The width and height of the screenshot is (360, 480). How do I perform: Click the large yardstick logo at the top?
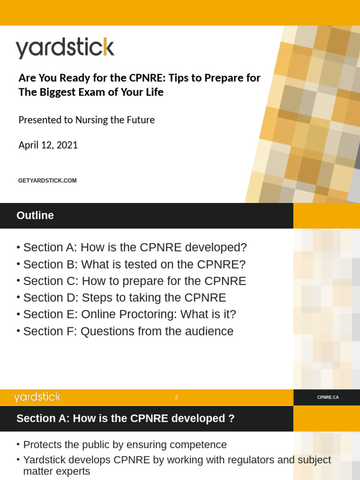65,48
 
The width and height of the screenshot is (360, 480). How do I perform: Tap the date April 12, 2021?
48,145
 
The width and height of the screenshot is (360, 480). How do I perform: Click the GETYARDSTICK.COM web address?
47,180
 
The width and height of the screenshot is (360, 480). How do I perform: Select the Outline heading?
35,216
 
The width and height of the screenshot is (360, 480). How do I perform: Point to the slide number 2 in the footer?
176,397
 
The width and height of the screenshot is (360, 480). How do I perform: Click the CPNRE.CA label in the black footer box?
328,397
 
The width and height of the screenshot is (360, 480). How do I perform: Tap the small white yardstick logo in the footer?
37,397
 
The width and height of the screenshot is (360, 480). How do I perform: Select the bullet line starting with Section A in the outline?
135,247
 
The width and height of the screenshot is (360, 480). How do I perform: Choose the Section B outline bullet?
134,264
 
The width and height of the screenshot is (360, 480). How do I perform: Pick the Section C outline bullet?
134,281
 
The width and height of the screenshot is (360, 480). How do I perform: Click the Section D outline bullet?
124,298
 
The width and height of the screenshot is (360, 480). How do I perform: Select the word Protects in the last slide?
43,445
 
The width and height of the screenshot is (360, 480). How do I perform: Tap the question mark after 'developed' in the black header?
231,419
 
